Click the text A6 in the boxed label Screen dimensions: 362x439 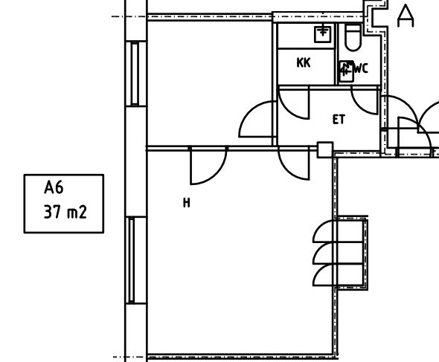tap(54, 188)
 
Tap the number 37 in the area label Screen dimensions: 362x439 tap(52, 213)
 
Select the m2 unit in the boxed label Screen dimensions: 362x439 tap(77, 213)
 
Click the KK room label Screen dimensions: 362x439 tap(303, 63)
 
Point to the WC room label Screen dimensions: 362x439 tap(361, 69)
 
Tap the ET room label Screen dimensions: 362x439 tap(339, 119)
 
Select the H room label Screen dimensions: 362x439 tap(186, 202)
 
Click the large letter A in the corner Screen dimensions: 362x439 tap(406, 16)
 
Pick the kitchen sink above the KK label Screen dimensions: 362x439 tap(322, 32)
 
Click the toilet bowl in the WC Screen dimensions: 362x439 tap(352, 35)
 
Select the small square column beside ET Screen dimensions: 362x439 tap(324, 149)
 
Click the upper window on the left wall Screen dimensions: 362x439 tap(135, 74)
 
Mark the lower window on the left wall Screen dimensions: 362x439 tap(132, 260)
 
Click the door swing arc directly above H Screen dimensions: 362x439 tap(208, 165)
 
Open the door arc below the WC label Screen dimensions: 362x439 tap(366, 100)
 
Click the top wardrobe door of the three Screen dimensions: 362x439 tap(325, 230)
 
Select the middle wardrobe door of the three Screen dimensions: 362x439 tap(325, 253)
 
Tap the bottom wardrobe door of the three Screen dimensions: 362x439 tap(325, 276)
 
